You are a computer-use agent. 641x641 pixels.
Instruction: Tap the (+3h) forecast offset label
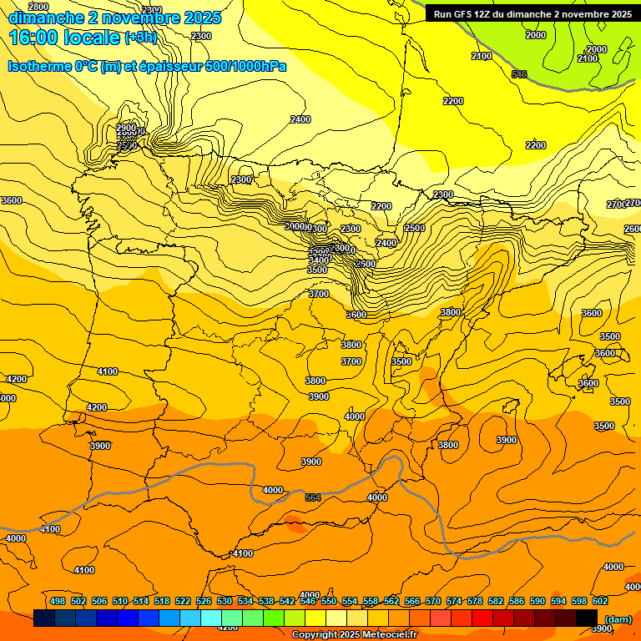[139, 38]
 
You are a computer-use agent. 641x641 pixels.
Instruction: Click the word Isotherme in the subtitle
[40, 66]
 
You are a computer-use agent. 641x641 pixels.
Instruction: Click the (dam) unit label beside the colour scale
[617, 618]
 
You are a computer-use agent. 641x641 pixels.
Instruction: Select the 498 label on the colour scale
[58, 602]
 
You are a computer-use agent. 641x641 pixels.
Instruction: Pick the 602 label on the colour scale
[600, 602]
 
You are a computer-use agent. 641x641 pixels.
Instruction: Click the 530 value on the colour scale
[225, 602]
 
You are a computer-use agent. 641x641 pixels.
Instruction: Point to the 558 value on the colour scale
[371, 602]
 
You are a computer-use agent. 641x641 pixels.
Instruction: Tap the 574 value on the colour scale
[454, 602]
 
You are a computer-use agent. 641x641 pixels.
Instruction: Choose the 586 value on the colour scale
[517, 602]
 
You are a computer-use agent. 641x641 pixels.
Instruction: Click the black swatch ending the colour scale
[587, 618]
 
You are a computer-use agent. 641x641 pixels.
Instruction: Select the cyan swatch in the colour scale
[211, 618]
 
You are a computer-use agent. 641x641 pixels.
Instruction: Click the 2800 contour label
[38, 7]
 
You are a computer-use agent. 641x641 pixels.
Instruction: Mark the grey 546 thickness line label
[519, 74]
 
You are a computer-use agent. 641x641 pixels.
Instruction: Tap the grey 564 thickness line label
[312, 497]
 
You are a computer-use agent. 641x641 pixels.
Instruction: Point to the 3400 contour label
[317, 260]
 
